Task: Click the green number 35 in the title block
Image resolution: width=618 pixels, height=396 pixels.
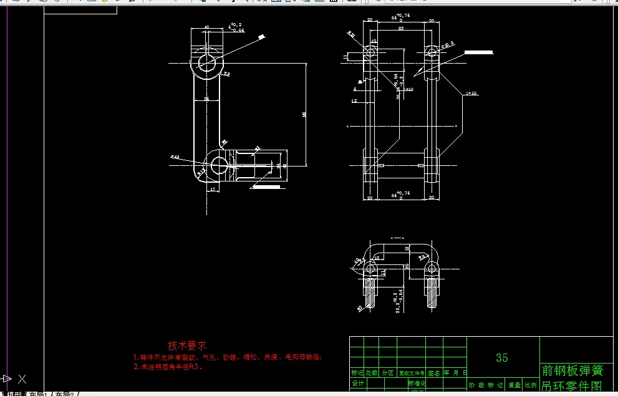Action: tap(501, 357)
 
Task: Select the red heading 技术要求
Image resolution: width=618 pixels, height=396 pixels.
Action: tap(188, 345)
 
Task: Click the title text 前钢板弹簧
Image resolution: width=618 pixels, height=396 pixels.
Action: tap(572, 370)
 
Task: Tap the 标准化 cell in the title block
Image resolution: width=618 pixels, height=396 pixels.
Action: tap(417, 383)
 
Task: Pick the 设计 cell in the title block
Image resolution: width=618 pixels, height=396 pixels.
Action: tap(357, 384)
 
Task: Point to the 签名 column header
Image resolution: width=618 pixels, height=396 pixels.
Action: tap(434, 373)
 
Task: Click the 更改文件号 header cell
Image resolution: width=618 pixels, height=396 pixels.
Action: tap(412, 373)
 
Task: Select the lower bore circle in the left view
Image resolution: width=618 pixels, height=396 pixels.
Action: tap(219, 165)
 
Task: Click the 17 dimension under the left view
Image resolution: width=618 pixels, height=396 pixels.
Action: tap(213, 189)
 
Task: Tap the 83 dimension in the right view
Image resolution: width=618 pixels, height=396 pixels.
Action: tap(400, 29)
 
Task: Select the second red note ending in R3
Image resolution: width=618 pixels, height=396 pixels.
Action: tap(168, 367)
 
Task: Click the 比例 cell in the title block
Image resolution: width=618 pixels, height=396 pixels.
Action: tap(530, 385)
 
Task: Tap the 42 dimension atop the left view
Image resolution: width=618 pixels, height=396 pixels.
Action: tap(207, 27)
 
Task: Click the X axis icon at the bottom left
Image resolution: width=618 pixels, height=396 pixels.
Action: tap(22, 379)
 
